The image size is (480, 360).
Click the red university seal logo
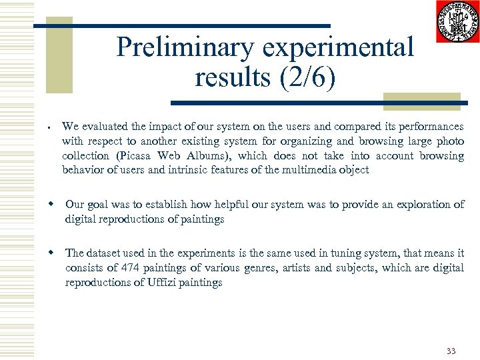tap(457, 21)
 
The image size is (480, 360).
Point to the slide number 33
tap(451, 351)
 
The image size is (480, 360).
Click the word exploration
tap(425, 205)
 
